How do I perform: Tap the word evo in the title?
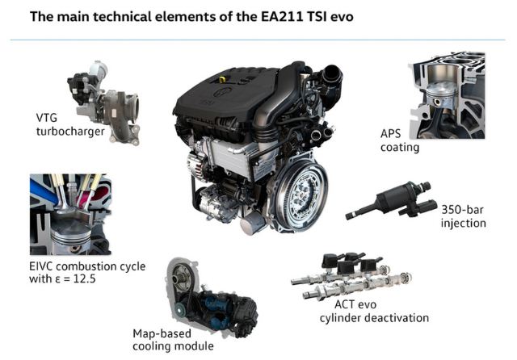tap(342, 16)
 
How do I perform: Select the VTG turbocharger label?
tap(70, 124)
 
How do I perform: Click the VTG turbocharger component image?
tap(104, 103)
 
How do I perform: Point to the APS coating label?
tap(400, 140)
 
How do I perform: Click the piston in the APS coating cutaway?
tap(441, 95)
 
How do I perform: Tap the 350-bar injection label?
tap(463, 216)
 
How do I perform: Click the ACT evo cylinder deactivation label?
tap(374, 312)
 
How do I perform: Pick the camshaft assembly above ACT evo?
tap(351, 276)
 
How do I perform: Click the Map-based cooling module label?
tap(173, 340)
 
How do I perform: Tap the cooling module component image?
tap(212, 297)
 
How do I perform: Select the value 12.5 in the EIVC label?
tap(84, 279)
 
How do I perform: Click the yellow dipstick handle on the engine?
tap(223, 80)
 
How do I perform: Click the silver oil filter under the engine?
tap(253, 223)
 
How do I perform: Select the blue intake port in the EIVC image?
tap(44, 191)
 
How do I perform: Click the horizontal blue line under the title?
tap(258, 40)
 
